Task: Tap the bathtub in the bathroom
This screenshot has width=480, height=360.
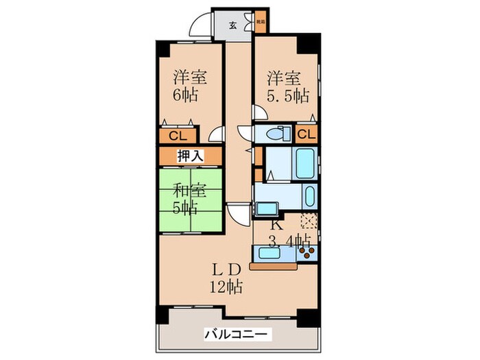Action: tap(304, 163)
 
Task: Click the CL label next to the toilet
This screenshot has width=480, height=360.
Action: tap(307, 134)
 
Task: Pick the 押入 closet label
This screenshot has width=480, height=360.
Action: tap(190, 156)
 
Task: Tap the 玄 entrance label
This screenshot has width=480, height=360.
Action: tap(232, 26)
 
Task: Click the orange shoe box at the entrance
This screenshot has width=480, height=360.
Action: tap(261, 22)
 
